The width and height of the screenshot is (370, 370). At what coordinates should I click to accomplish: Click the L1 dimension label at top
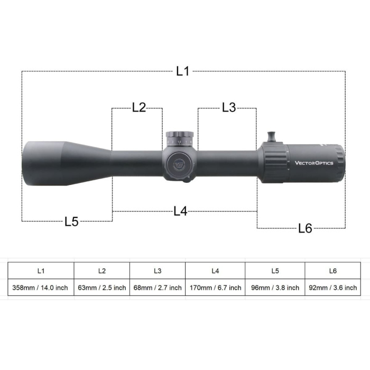(x=182, y=71)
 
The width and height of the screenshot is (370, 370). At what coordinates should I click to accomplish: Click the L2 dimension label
(x=138, y=108)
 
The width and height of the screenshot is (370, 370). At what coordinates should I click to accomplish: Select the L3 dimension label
(x=228, y=108)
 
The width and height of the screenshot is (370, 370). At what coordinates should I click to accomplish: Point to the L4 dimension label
(x=180, y=211)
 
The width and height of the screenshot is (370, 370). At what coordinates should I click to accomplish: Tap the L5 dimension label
(x=71, y=221)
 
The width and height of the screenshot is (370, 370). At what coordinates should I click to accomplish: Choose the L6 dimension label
(x=305, y=228)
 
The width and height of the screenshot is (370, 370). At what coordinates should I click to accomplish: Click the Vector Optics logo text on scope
(x=314, y=163)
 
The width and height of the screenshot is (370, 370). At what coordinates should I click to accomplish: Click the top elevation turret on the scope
(x=180, y=139)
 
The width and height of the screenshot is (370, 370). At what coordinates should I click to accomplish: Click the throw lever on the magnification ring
(x=274, y=136)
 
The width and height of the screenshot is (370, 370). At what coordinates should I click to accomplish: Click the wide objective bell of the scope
(x=45, y=163)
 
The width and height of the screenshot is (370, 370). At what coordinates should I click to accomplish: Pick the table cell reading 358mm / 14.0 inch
(x=41, y=288)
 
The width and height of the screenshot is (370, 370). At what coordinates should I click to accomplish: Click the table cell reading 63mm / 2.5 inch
(x=102, y=288)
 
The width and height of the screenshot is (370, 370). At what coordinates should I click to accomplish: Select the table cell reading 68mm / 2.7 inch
(x=158, y=288)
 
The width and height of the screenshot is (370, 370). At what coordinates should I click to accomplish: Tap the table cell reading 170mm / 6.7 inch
(x=215, y=288)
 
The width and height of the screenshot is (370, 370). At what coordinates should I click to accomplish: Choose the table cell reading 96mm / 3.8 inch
(x=275, y=288)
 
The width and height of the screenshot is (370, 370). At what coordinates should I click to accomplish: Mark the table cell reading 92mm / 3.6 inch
(x=332, y=288)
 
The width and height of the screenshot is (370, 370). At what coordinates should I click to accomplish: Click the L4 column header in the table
(x=215, y=271)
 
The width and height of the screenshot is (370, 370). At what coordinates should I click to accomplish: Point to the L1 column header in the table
(x=41, y=271)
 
